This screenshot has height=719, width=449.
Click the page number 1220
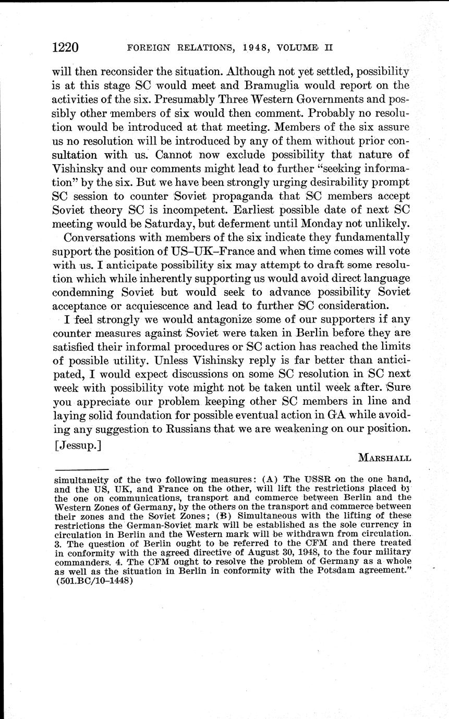(65, 48)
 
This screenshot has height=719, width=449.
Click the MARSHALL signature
(384, 458)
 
